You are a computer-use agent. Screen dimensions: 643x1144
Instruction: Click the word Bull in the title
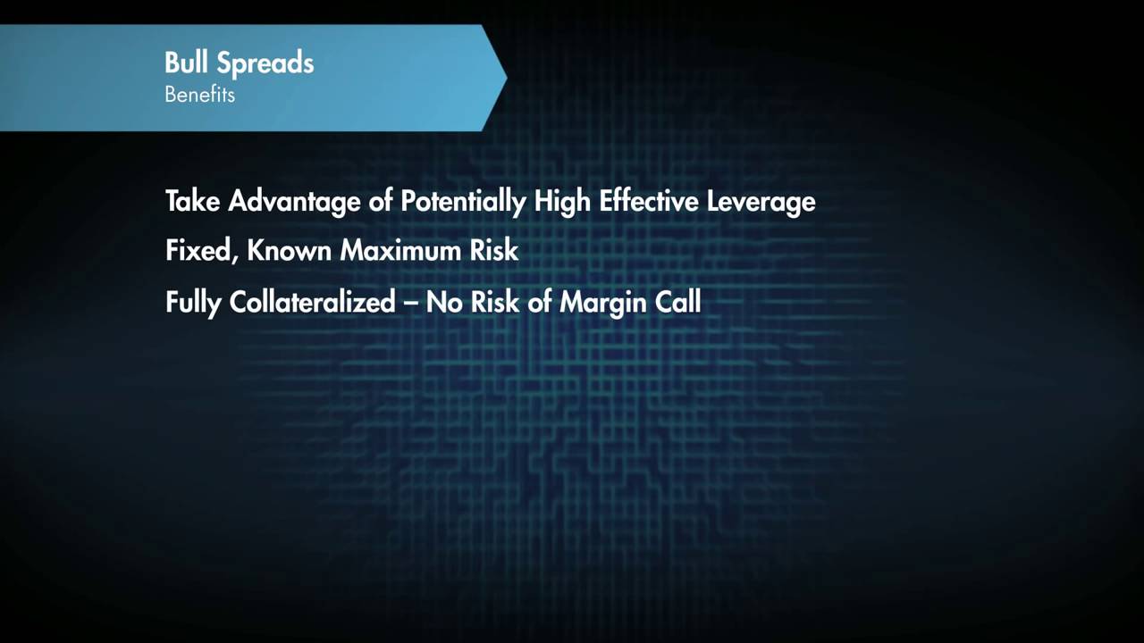[186, 63]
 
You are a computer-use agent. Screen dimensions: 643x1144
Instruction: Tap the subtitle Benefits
[199, 95]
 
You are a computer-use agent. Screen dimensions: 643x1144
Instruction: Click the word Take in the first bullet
[192, 201]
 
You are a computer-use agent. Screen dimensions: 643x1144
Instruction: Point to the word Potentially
[462, 202]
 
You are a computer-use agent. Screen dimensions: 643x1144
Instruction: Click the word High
[562, 202]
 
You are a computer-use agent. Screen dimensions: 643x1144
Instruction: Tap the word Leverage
[761, 202]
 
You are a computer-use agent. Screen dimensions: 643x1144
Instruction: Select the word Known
[289, 251]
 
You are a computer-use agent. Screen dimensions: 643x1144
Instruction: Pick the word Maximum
[400, 251]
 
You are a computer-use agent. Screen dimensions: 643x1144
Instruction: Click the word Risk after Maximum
[494, 251]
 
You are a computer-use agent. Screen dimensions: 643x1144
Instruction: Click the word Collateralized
[312, 302]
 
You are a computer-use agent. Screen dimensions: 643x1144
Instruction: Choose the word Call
[677, 302]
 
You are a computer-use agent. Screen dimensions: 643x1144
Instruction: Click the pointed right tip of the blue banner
[505, 79]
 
